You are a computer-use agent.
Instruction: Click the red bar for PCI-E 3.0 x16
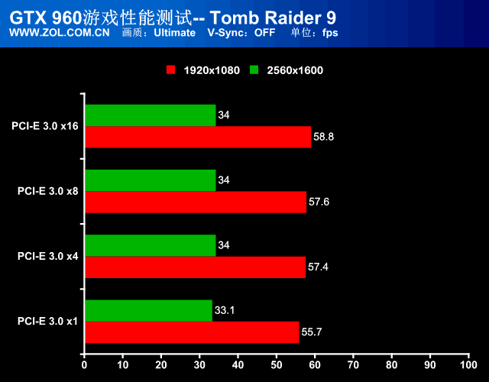click(198, 137)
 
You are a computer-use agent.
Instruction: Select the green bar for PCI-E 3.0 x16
click(151, 115)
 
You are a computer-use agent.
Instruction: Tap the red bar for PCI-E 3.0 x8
click(196, 202)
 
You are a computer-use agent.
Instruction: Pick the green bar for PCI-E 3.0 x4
click(151, 245)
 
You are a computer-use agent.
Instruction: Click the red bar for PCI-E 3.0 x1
click(192, 332)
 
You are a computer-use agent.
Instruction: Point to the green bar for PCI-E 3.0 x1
click(148, 310)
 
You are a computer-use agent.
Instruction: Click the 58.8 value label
click(325, 137)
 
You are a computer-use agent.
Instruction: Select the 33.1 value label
click(225, 311)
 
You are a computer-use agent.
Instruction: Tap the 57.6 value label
click(320, 202)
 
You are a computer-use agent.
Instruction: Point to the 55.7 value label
click(313, 332)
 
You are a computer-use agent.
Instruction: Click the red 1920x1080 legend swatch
click(171, 70)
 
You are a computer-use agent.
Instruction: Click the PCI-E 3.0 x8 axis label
click(47, 191)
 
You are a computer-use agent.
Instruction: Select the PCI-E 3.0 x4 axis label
click(47, 256)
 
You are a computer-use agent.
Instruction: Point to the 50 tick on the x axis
click(277, 366)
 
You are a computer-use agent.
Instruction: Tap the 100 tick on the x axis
click(468, 366)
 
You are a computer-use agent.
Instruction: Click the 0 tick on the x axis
click(85, 366)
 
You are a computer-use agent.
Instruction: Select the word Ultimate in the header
click(174, 33)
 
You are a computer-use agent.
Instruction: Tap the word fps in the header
click(330, 33)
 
